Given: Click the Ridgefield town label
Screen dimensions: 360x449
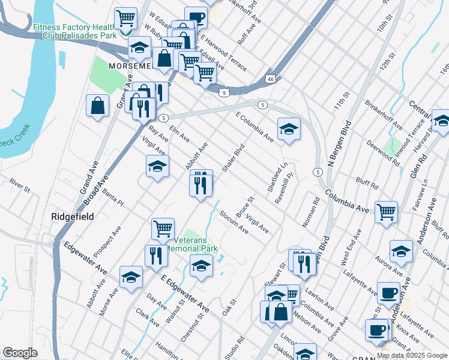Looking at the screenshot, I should pos(72,216).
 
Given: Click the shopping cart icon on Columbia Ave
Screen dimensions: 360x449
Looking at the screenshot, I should pos(386,212).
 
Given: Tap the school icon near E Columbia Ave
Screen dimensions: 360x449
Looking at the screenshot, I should pos(289,129).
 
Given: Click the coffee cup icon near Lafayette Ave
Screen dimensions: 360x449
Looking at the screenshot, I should pos(388,293).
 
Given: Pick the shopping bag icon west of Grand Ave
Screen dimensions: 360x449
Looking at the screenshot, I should pos(97,106).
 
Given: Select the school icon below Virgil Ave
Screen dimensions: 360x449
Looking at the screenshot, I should pos(157,166).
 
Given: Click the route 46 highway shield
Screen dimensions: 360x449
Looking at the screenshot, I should pos(271,79).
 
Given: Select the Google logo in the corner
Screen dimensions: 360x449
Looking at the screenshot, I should pos(20,353).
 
